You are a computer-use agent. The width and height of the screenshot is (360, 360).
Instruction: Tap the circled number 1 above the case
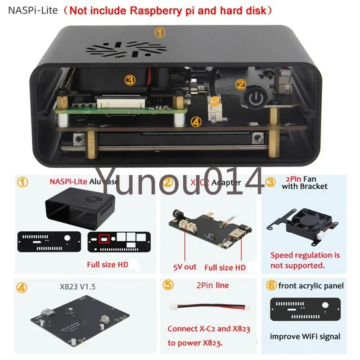pyautogui.click(x=160, y=32)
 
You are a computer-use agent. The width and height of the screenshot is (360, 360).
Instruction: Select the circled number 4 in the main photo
pyautogui.click(x=195, y=121)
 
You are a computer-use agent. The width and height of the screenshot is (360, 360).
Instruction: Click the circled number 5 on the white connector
pyautogui.click(x=216, y=102)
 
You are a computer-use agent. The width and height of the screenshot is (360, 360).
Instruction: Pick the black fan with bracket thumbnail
pyautogui.click(x=301, y=223)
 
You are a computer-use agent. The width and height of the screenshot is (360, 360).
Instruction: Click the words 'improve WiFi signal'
pyautogui.click(x=305, y=336)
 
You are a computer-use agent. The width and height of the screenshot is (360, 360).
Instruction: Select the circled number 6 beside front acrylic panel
pyautogui.click(x=271, y=285)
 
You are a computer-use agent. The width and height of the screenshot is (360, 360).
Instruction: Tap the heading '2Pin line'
pyautogui.click(x=212, y=285)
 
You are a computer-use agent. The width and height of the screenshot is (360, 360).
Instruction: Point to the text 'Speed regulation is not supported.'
pyautogui.click(x=305, y=260)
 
